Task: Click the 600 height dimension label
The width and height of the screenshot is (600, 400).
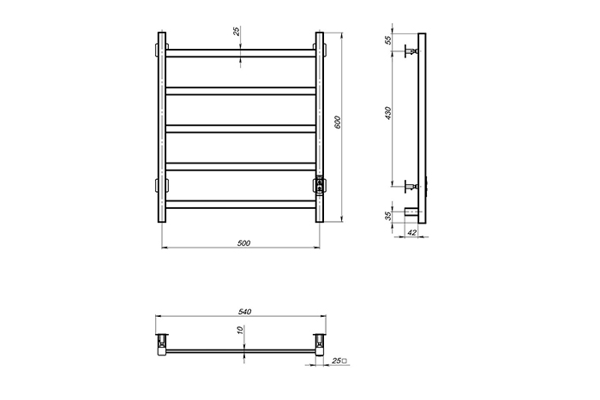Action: click(x=337, y=122)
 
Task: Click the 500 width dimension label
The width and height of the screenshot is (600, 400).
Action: click(x=243, y=243)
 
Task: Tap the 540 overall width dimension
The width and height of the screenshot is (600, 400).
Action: click(x=244, y=312)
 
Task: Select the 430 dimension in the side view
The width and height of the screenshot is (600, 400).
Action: click(x=388, y=113)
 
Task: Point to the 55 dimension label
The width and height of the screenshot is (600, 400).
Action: click(x=388, y=39)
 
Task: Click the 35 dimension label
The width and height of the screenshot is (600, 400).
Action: click(x=388, y=216)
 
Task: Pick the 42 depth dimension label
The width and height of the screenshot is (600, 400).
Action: click(x=412, y=232)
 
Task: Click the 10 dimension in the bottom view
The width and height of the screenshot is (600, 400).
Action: click(x=240, y=330)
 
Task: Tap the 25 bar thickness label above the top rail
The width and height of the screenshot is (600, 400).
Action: click(x=237, y=31)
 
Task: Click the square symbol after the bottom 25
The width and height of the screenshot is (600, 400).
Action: click(x=345, y=361)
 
